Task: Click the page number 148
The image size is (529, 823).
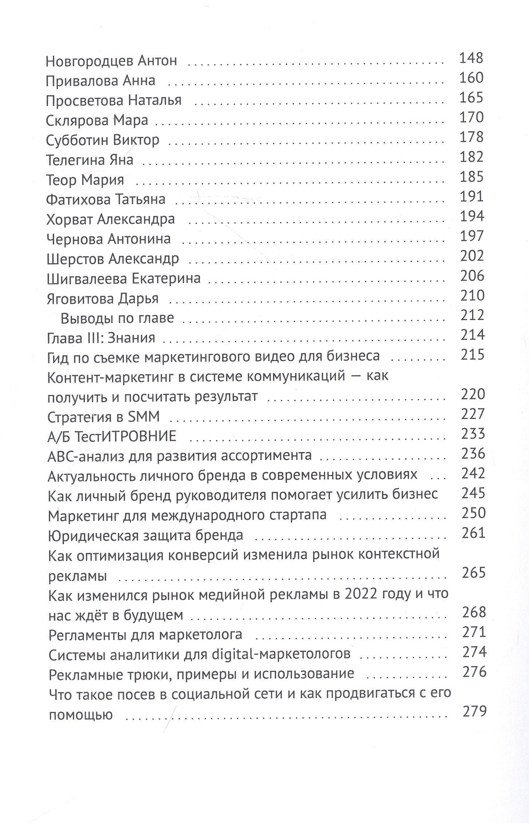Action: point(471,58)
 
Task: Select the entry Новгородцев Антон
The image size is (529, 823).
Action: point(111,61)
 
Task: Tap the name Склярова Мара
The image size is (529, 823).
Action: point(97,120)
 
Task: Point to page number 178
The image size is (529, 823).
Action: point(471,137)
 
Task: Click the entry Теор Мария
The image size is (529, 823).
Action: point(85,180)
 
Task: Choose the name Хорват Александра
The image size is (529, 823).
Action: point(111,219)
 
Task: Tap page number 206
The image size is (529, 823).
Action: point(472,276)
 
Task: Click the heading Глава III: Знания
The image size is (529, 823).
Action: point(101,338)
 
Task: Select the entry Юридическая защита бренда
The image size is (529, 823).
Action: point(146,535)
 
